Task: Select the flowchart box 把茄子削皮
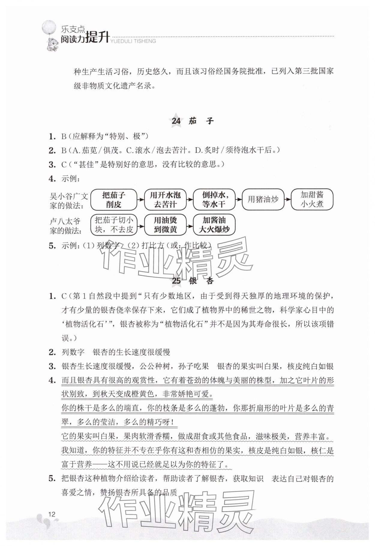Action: [113, 200]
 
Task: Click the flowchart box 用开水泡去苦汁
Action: [165, 200]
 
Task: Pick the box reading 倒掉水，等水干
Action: [214, 200]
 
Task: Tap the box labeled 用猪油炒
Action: [263, 199]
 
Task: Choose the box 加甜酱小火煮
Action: [312, 199]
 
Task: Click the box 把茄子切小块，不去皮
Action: [114, 225]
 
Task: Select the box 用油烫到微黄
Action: [165, 225]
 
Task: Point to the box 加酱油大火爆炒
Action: [214, 225]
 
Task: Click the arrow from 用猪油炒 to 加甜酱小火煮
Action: [287, 199]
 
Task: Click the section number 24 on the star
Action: [176, 121]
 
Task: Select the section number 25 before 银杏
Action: [176, 281]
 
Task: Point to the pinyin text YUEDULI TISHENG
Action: [133, 41]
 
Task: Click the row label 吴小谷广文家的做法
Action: [69, 201]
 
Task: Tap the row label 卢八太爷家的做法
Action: [65, 226]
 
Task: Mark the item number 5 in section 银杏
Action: [52, 479]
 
